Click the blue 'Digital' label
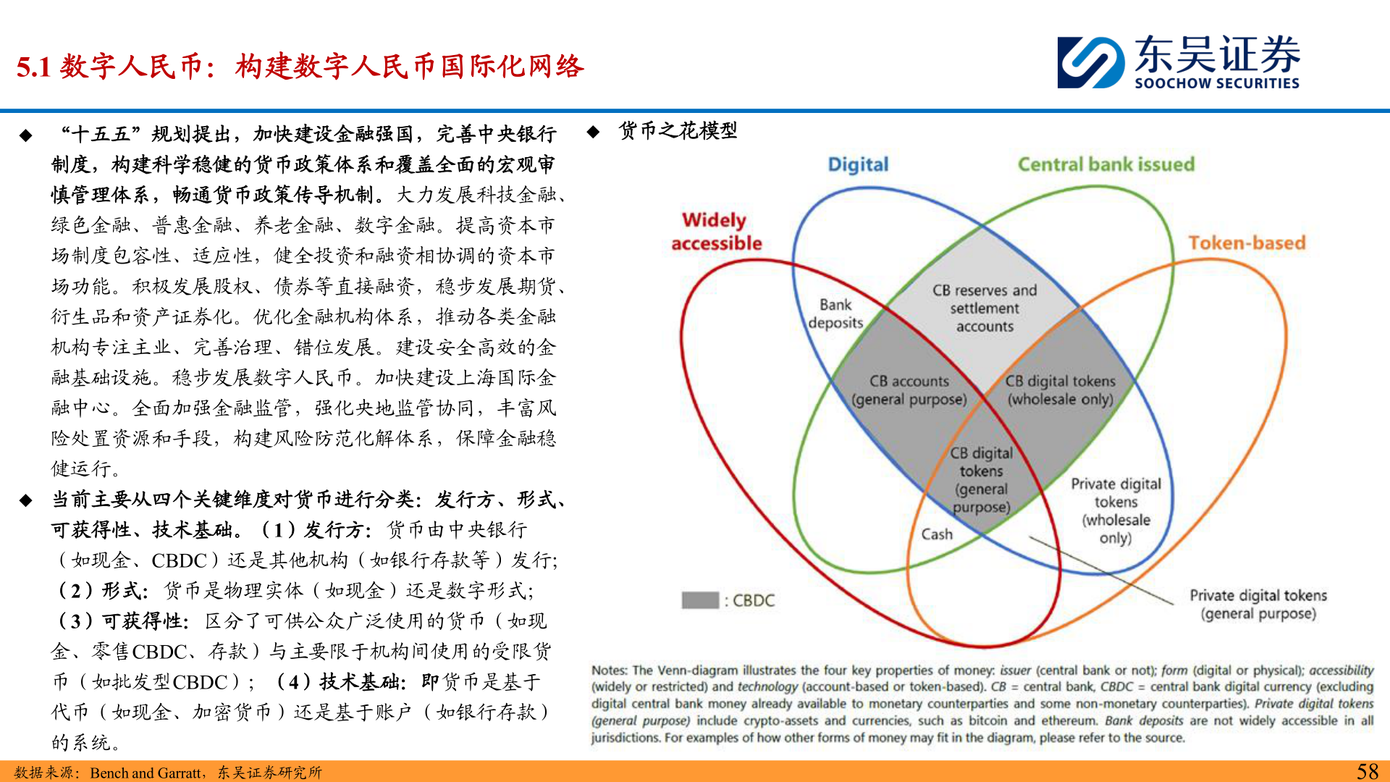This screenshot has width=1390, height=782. (x=858, y=165)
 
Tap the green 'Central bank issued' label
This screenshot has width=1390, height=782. (x=1105, y=164)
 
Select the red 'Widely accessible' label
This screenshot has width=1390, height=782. (x=715, y=231)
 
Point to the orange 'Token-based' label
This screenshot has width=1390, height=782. (x=1246, y=243)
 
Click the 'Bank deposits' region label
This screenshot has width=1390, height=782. (x=835, y=314)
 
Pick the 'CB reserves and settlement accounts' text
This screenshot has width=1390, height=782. (x=985, y=308)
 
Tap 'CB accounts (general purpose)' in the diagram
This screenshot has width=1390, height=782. (x=909, y=390)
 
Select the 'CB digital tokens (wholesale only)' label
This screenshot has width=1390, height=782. (x=1060, y=390)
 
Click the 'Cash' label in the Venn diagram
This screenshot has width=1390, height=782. (x=937, y=534)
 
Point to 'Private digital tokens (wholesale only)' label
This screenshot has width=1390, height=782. (x=1116, y=510)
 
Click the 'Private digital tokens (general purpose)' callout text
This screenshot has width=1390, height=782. (x=1258, y=605)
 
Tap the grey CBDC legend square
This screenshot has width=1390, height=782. (x=699, y=600)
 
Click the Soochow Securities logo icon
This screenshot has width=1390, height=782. (x=1090, y=62)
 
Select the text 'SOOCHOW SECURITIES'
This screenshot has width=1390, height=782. (x=1216, y=84)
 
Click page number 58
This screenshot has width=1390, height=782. (x=1367, y=771)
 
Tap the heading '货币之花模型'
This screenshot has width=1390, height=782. (x=678, y=131)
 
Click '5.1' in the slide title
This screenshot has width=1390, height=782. (x=33, y=67)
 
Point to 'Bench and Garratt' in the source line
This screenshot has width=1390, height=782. (x=146, y=773)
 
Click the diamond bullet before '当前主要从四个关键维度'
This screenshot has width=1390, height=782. (x=26, y=500)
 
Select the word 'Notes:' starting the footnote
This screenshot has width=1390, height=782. (x=610, y=670)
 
